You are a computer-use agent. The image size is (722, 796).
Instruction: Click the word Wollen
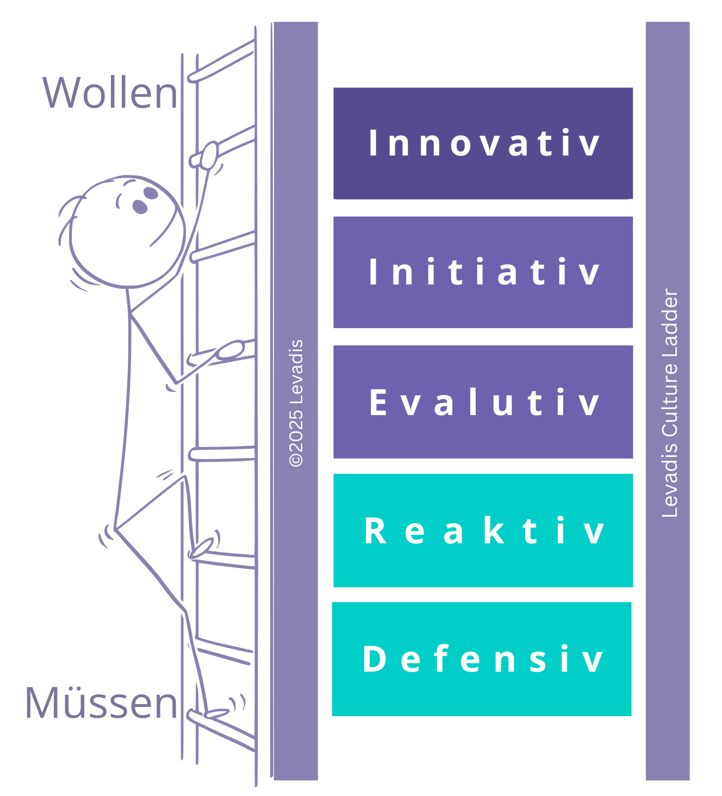(110, 93)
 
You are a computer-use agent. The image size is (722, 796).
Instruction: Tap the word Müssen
(101, 703)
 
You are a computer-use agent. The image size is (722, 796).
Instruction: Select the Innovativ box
(483, 143)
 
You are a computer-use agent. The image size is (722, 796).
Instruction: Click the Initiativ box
(483, 272)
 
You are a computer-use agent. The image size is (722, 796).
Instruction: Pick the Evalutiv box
(483, 402)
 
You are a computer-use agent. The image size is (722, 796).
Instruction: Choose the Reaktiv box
(483, 530)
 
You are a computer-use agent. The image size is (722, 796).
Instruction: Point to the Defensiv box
(482, 659)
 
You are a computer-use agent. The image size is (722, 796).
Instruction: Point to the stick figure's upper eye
(151, 193)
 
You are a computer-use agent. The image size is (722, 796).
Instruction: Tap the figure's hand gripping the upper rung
(209, 154)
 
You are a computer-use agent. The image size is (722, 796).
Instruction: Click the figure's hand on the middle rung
(231, 350)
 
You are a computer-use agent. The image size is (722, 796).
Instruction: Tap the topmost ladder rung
(221, 62)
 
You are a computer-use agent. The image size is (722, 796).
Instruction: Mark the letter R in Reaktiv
(375, 531)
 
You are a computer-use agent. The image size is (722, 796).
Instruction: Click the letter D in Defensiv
(374, 659)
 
